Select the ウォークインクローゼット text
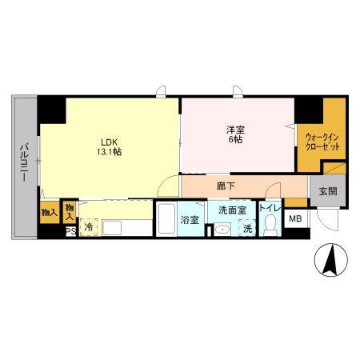point(322,142)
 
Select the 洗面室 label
point(232,210)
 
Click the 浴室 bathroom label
point(189,219)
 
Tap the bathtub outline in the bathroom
point(167,220)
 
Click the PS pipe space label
point(70,231)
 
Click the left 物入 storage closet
point(48,212)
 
